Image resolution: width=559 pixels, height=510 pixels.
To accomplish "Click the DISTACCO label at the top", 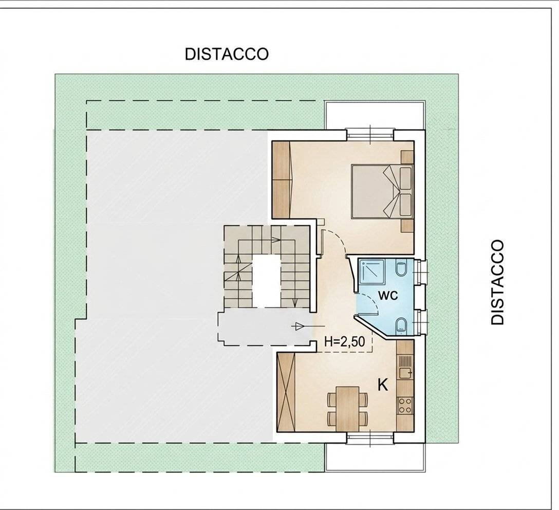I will [227, 54].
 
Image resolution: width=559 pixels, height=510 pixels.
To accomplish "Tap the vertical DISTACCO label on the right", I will [497, 282].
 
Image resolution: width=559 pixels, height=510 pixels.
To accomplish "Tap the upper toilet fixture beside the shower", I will [402, 269].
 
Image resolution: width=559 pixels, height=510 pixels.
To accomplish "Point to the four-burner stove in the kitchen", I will [405, 405].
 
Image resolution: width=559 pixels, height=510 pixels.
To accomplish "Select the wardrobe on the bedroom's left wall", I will [282, 178].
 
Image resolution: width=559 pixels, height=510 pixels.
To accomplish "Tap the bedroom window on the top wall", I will [370, 134].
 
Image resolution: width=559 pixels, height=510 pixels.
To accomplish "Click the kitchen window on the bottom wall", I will [370, 438].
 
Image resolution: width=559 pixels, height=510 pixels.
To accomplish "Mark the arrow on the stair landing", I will [297, 325].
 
